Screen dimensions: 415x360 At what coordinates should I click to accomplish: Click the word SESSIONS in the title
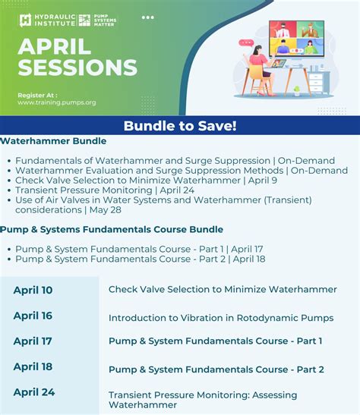(x=77, y=68)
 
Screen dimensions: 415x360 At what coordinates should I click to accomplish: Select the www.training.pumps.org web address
(x=57, y=102)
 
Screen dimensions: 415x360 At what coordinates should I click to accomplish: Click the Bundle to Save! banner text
(x=180, y=126)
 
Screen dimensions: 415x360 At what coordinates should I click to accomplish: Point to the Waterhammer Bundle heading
(x=53, y=141)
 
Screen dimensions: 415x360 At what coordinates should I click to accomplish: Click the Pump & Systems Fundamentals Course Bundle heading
(x=112, y=229)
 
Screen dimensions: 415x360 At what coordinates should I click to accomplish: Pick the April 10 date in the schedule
(x=33, y=290)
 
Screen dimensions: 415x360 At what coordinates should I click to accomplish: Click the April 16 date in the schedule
(x=33, y=316)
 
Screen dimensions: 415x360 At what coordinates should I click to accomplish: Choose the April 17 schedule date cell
(x=33, y=341)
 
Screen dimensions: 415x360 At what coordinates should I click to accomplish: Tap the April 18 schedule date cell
(x=33, y=367)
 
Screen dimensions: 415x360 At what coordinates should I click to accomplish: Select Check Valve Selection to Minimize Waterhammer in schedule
(x=223, y=290)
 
